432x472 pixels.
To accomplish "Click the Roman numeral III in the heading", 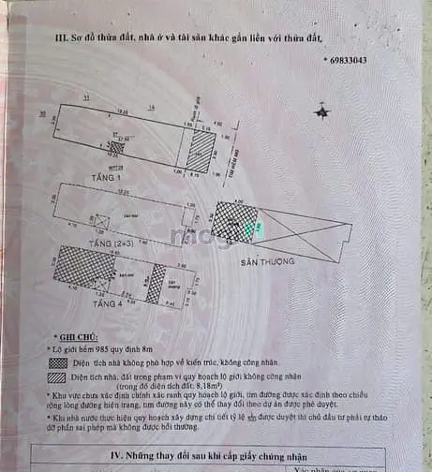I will click(x=62, y=37).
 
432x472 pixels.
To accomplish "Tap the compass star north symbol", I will click(x=323, y=112).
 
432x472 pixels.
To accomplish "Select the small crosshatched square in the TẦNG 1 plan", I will click(x=116, y=147).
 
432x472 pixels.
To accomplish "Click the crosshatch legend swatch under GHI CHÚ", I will click(x=58, y=362).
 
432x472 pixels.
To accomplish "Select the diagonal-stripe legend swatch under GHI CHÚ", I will click(x=58, y=376).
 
